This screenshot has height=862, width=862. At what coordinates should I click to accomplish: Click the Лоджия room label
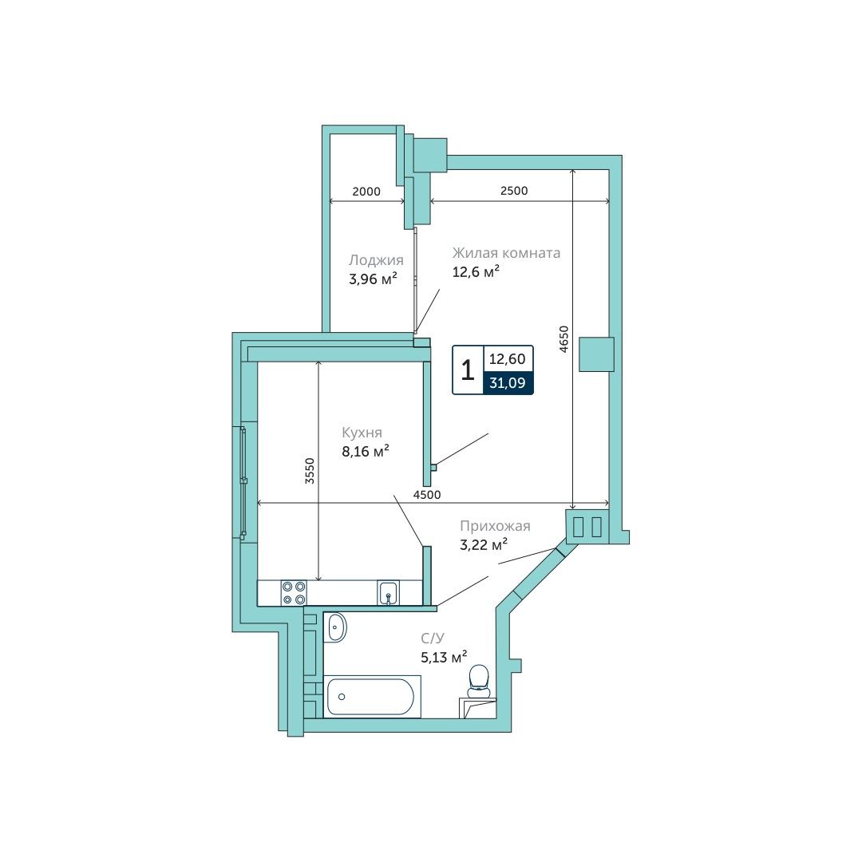click(x=376, y=260)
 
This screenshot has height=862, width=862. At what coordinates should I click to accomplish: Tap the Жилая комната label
click(x=506, y=253)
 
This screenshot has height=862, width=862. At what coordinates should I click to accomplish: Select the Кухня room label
click(x=362, y=433)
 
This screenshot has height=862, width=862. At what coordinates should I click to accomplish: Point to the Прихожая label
click(x=495, y=526)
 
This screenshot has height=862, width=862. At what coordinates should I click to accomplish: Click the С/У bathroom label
click(x=432, y=639)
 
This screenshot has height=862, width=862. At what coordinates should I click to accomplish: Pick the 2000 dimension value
click(x=366, y=192)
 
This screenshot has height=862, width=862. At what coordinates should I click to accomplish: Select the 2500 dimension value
click(x=514, y=190)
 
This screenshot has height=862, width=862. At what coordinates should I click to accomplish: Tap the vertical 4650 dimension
click(x=563, y=339)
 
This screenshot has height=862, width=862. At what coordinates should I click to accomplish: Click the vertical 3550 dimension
click(x=310, y=471)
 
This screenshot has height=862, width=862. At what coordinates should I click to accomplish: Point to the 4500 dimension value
click(x=427, y=495)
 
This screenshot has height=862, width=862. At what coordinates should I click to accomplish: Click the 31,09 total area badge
click(x=508, y=382)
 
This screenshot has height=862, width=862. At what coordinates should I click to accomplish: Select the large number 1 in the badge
click(x=467, y=370)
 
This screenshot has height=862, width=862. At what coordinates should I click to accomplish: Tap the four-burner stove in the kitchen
click(x=293, y=593)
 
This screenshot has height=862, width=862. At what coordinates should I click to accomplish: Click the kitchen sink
click(x=388, y=593)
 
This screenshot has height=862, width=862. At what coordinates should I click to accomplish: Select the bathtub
click(x=371, y=697)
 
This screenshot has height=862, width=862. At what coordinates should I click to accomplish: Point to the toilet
click(x=479, y=679)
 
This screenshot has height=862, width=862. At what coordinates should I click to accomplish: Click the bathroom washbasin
click(x=336, y=627)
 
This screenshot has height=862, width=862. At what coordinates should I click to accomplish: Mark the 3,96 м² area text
click(x=373, y=279)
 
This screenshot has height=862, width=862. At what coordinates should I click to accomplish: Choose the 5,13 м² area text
click(x=444, y=657)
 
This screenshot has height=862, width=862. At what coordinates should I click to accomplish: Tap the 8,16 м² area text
click(x=366, y=451)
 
